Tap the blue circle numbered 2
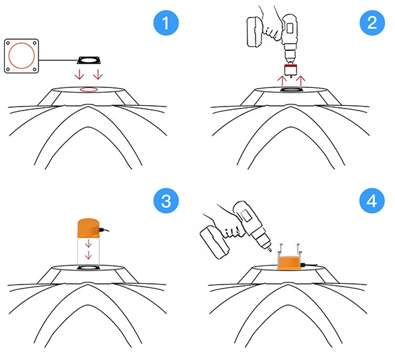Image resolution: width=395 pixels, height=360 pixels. coord(369,24)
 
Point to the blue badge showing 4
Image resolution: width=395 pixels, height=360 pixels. coord(369,201)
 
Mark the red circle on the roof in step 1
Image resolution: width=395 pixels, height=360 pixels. coord(89,88)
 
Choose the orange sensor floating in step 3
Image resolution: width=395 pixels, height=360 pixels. coord(88,228)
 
